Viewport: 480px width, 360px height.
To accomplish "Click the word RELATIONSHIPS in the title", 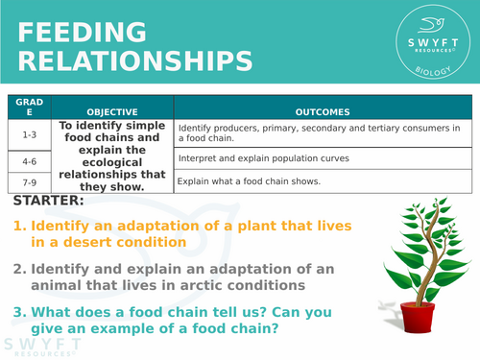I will [x=135, y=61].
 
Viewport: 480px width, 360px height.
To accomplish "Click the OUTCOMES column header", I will [x=323, y=111].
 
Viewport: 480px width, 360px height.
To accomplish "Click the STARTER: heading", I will [x=48, y=202].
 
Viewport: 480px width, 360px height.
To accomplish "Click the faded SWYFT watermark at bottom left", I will [x=38, y=346].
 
